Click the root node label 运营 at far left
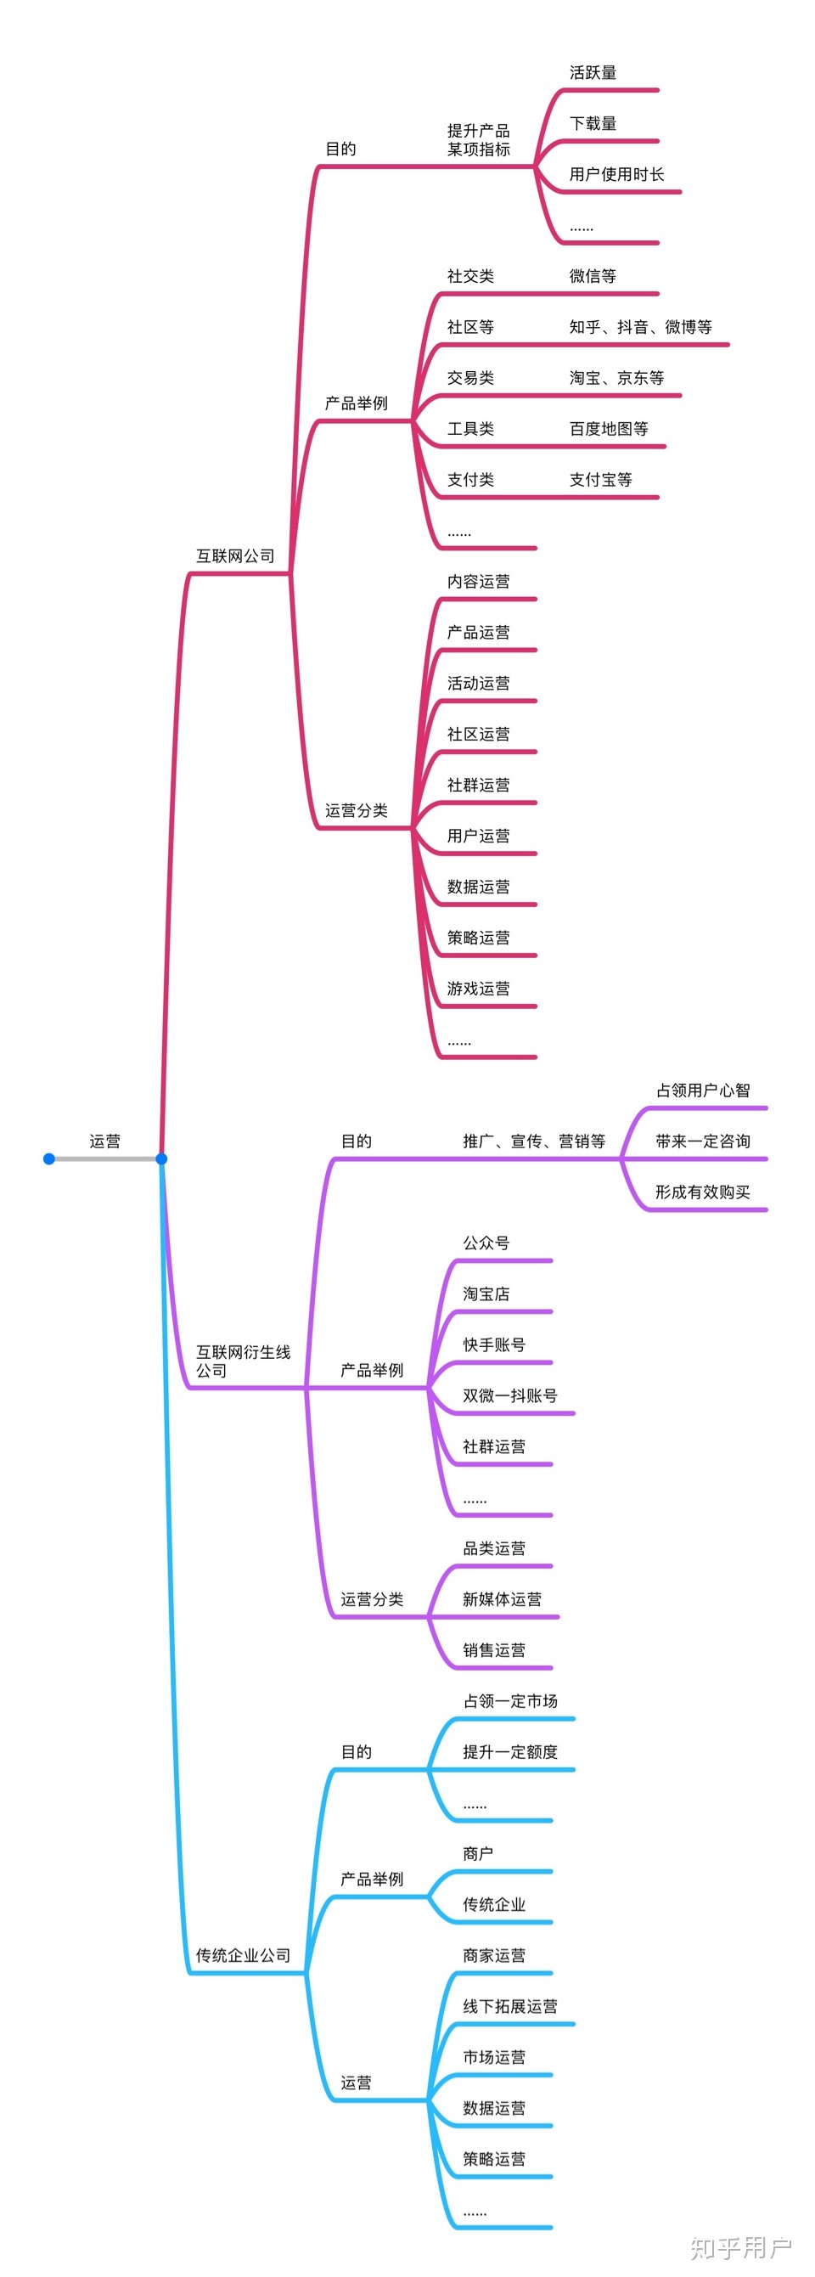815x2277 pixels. pyautogui.click(x=104, y=1141)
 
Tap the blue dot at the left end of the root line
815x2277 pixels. pyautogui.click(x=49, y=1158)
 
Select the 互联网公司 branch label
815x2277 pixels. pyautogui.click(x=235, y=556)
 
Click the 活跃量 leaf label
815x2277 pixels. pyautogui.click(x=593, y=72)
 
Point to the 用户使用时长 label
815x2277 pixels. pyautogui.click(x=616, y=174)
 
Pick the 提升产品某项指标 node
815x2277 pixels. pyautogui.click(x=478, y=140)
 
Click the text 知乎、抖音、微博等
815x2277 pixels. pyautogui.click(x=640, y=327)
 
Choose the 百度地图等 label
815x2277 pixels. pyautogui.click(x=608, y=429)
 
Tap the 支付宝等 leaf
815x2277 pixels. pyautogui.click(x=600, y=479)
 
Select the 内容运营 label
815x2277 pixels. pyautogui.click(x=478, y=581)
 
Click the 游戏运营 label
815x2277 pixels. pyautogui.click(x=478, y=989)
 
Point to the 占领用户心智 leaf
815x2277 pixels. pyautogui.click(x=703, y=1090)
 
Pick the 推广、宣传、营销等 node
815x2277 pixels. pyautogui.click(x=534, y=1141)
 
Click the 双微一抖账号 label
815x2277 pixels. pyautogui.click(x=510, y=1395)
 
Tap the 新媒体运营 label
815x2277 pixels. pyautogui.click(x=502, y=1599)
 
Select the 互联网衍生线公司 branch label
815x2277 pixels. pyautogui.click(x=243, y=1361)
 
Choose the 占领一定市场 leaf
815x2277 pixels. pyautogui.click(x=510, y=1700)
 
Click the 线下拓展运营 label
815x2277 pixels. pyautogui.click(x=510, y=2007)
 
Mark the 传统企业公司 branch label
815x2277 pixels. pyautogui.click(x=243, y=1955)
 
